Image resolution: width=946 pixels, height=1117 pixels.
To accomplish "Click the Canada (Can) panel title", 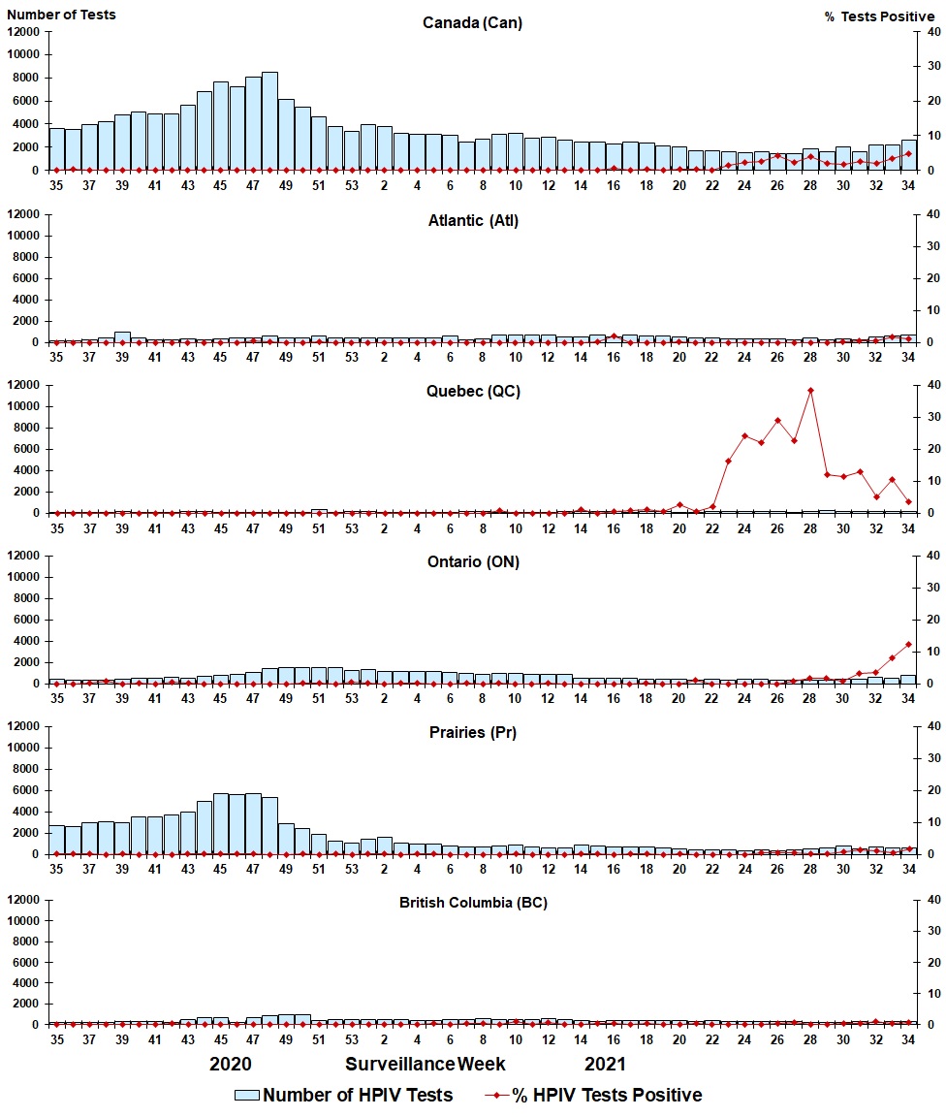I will click(472, 23).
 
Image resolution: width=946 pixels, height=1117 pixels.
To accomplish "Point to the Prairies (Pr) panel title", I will click(472, 732).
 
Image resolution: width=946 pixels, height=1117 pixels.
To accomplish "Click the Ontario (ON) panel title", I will click(472, 562).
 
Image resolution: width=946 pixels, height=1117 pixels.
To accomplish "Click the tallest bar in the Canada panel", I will click(269, 121).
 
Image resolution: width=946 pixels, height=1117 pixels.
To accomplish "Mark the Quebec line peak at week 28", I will click(810, 391).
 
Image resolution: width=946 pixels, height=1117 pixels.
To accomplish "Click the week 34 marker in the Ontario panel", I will click(908, 644).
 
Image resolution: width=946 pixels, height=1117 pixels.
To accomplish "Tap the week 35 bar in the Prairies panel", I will click(56, 840).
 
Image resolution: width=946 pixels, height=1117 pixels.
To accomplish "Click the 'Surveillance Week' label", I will click(425, 1065).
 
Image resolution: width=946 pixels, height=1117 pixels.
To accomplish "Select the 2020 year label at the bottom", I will click(231, 1065).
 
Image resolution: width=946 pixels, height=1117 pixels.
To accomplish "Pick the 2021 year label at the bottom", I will click(605, 1065).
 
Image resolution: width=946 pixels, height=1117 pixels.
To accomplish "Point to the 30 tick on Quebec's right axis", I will click(934, 417).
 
